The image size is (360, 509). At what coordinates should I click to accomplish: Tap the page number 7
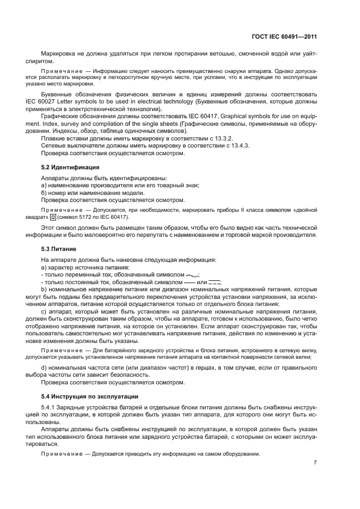(x=315, y=463)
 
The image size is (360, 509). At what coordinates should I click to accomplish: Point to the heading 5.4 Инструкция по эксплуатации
(x=84, y=396)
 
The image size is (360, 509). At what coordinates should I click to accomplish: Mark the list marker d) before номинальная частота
(x=44, y=369)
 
